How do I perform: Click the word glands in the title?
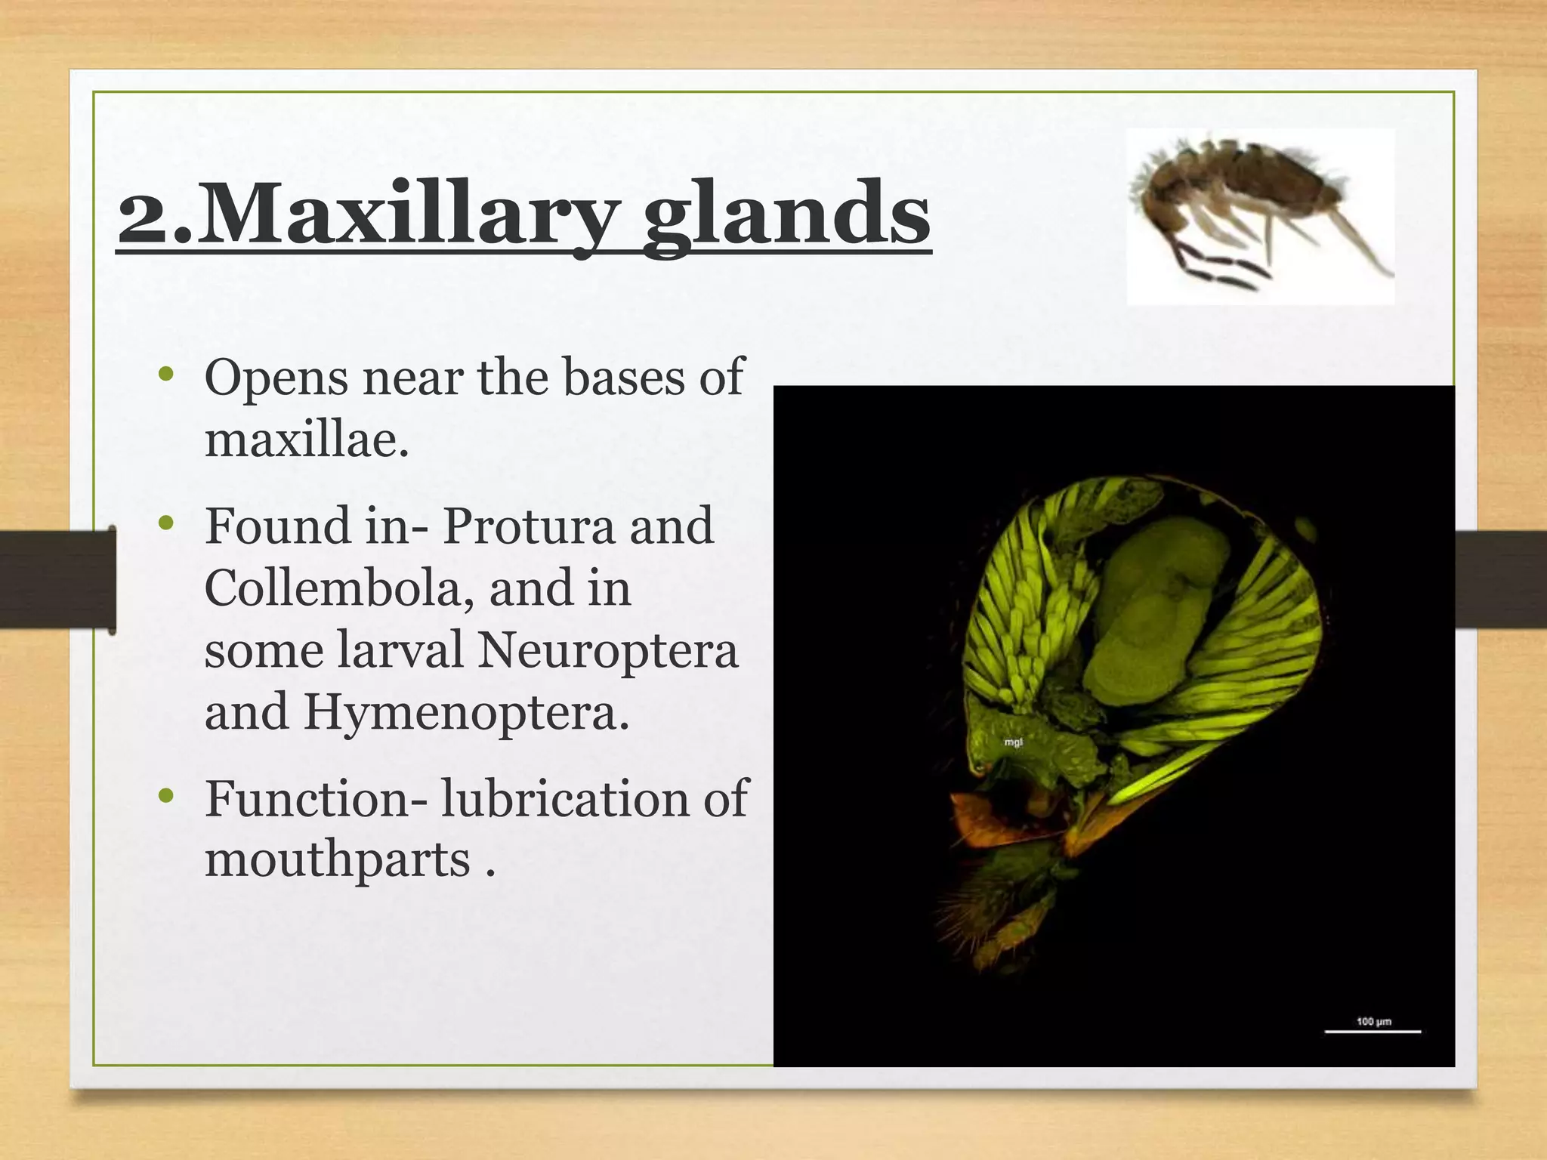[786, 215]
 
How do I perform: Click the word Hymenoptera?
[465, 711]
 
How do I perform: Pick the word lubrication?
[565, 798]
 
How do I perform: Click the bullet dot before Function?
[167, 796]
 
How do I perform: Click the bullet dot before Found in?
[167, 523]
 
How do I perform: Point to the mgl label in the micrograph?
[1013, 742]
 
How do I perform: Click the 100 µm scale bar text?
[1373, 1022]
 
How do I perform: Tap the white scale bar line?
[1373, 1032]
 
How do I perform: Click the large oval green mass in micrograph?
[1156, 604]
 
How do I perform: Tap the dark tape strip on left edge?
[57, 579]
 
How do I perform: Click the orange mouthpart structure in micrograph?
[990, 823]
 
